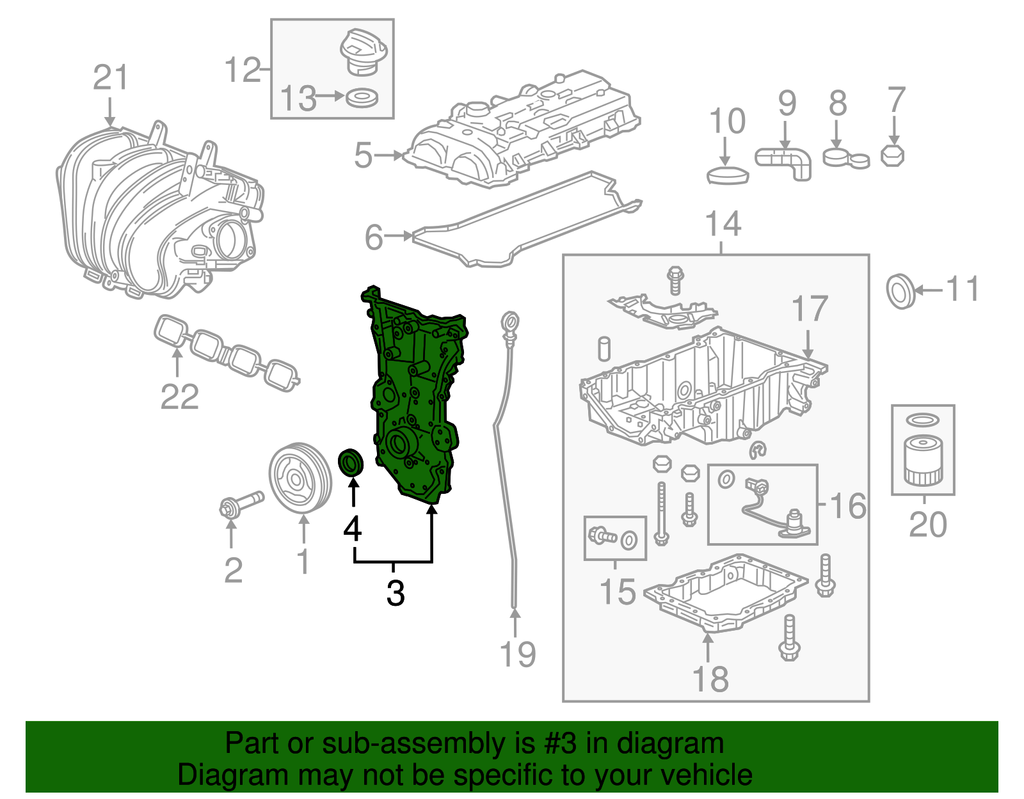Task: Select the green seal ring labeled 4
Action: [350, 462]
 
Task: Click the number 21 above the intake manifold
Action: [111, 77]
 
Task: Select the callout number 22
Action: [179, 397]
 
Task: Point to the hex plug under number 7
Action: [892, 156]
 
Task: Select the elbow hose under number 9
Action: [786, 161]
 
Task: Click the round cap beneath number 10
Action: [728, 175]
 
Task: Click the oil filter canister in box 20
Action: [922, 461]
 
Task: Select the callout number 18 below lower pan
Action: [710, 679]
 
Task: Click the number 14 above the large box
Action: [723, 225]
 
